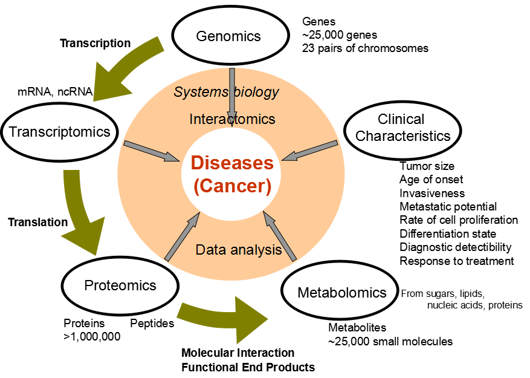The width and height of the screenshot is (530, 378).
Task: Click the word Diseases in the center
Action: [232, 163]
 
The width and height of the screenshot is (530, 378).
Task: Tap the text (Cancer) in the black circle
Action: [232, 186]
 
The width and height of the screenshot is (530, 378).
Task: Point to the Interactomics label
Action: [232, 119]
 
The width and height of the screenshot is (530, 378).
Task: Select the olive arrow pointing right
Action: [224, 318]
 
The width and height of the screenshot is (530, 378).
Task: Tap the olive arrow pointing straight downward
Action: [81, 212]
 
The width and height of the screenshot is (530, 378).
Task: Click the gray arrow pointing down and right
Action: [152, 152]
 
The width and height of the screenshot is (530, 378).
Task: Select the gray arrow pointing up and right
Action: [182, 236]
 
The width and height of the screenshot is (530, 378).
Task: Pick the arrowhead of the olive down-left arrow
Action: [109, 85]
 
